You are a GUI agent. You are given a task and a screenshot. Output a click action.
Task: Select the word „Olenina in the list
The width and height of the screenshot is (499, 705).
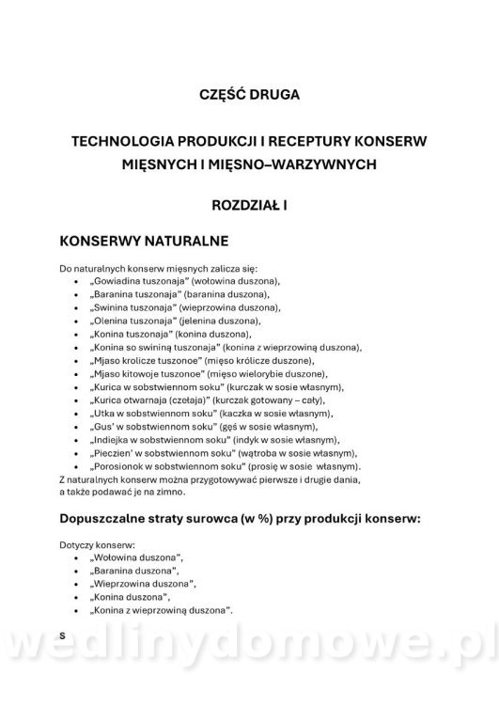coord(106,321)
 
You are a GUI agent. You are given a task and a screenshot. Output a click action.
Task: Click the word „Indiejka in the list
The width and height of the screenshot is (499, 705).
coord(106,439)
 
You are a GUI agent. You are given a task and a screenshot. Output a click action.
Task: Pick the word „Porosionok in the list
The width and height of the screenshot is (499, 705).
coord(116,465)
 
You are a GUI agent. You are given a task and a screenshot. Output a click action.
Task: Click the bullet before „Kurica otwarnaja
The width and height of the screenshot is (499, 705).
coord(74,399)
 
